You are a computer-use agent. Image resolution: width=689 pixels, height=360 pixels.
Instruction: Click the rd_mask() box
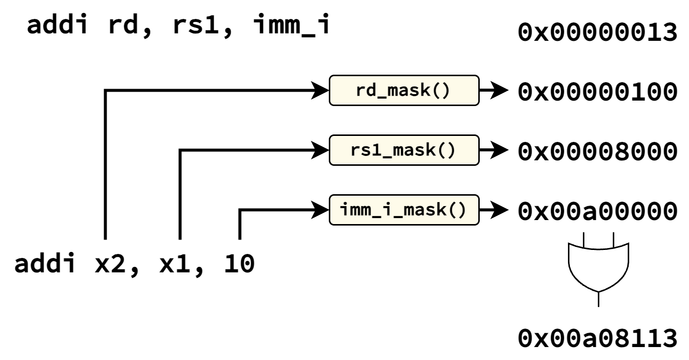click(404, 90)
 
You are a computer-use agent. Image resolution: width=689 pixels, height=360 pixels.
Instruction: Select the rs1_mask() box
click(404, 150)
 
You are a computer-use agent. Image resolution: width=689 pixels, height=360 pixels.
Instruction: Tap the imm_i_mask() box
click(404, 210)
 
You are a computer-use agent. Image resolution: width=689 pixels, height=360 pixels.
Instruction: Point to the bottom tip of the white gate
click(598, 290)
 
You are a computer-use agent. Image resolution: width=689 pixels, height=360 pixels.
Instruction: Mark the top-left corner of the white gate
click(570, 245)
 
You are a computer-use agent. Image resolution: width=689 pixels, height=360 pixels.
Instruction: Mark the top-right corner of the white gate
click(627, 245)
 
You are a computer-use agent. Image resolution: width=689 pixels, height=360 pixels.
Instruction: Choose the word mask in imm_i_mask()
click(425, 210)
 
